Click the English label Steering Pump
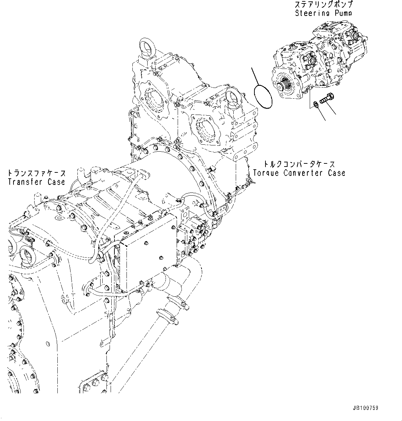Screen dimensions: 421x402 pyautogui.click(x=323, y=13)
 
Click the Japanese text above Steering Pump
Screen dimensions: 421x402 pyautogui.click(x=323, y=5)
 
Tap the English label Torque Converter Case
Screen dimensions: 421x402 pyautogui.click(x=299, y=172)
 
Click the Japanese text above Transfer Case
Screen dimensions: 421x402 pyautogui.click(x=36, y=173)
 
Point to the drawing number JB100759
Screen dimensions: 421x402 pyautogui.click(x=366, y=408)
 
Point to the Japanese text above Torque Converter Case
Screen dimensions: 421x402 pyautogui.click(x=299, y=163)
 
